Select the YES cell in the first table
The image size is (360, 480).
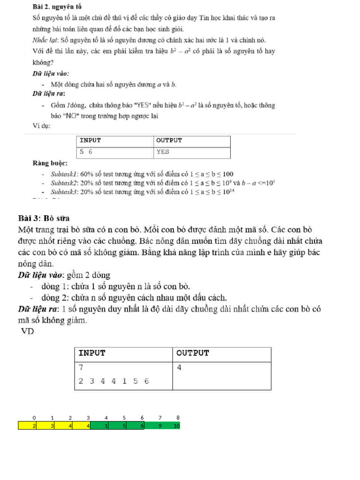click(163, 152)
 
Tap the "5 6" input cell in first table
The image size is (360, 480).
click(86, 152)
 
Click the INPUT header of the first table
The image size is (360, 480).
click(90, 141)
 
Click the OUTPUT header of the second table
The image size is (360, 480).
click(193, 353)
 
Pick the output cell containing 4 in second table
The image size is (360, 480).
click(179, 368)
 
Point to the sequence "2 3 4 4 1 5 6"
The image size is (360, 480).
click(113, 381)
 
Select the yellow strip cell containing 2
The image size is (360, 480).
click(34, 426)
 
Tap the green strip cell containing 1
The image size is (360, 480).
click(106, 426)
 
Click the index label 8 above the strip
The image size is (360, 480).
click(178, 417)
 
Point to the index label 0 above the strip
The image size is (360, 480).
click(34, 417)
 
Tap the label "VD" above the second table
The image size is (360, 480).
click(28, 332)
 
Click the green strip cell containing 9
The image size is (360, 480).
click(160, 426)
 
